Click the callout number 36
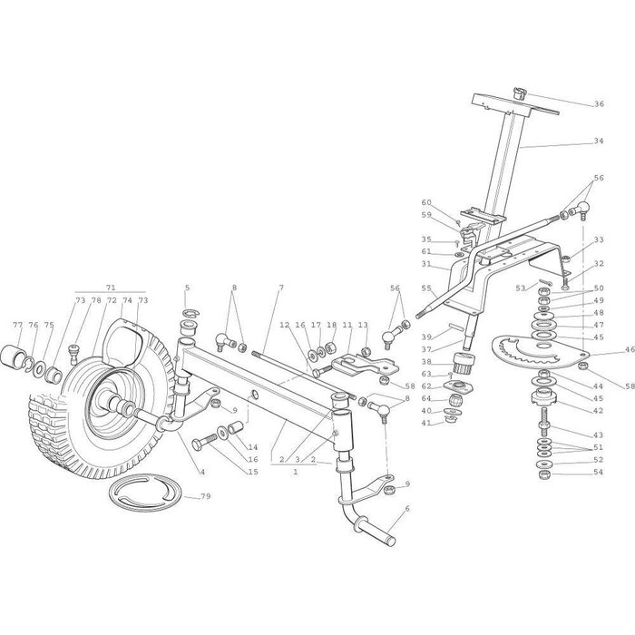point(599,104)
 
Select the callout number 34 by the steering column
point(599,142)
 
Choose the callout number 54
point(599,473)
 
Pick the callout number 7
point(280,288)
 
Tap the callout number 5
point(187,288)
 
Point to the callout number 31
point(427,264)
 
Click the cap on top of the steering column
point(520,93)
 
